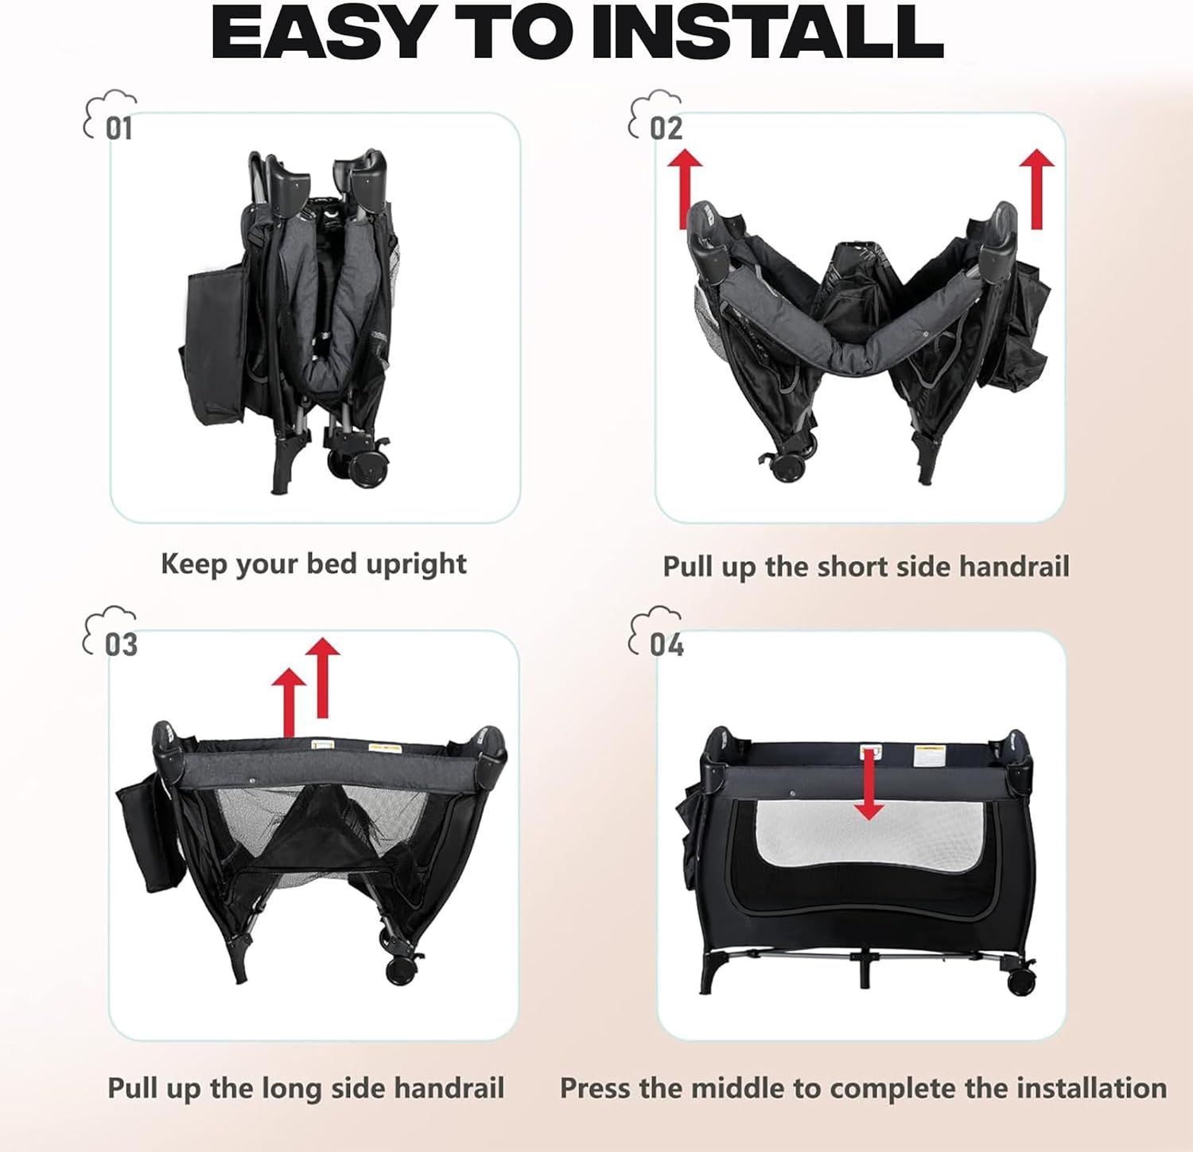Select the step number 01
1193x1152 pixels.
click(119, 128)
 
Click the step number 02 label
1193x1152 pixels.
click(666, 128)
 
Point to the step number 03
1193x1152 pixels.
click(121, 644)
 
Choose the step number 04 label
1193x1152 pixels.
click(666, 644)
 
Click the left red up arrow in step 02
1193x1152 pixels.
click(685, 189)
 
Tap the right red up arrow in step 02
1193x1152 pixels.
click(1036, 189)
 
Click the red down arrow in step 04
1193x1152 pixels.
click(869, 784)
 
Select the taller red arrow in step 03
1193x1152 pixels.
click(322, 678)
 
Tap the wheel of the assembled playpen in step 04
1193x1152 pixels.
click(1020, 980)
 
